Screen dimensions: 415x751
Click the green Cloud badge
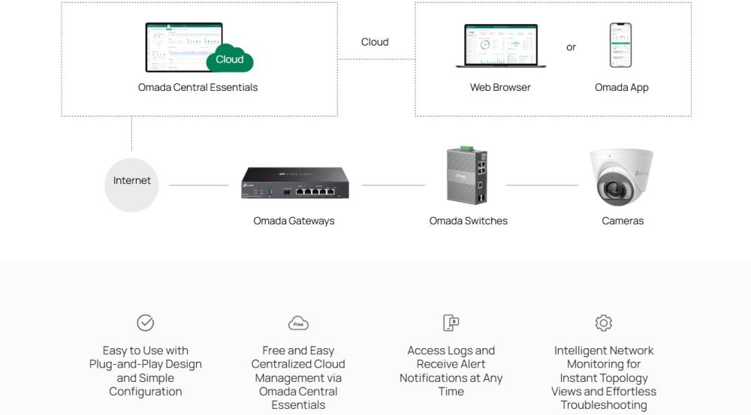point(230,60)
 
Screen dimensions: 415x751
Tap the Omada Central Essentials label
point(198,87)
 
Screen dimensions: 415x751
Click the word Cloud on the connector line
point(375,42)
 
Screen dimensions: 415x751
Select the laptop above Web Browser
point(500,46)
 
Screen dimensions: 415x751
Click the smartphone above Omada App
point(620,45)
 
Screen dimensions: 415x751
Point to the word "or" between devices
point(571,47)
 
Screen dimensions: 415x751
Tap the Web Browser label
point(500,87)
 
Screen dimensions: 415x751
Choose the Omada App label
point(621,87)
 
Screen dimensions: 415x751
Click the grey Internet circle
point(131,185)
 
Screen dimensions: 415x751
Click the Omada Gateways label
point(294,221)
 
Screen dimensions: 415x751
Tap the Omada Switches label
point(468,221)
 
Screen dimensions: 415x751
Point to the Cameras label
point(623,221)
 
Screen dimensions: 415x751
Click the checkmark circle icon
point(145,323)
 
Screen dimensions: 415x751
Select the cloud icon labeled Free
point(298,323)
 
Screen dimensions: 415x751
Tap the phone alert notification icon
point(451,323)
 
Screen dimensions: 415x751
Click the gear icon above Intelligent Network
point(603,323)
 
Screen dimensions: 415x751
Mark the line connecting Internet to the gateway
point(198,185)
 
